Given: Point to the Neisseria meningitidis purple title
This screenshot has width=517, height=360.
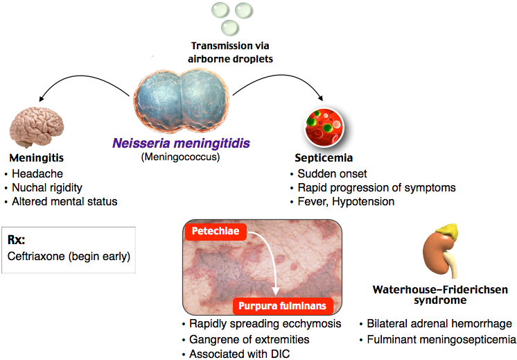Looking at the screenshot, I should pos(182,144).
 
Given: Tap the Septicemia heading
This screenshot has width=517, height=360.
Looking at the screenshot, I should pos(320,157).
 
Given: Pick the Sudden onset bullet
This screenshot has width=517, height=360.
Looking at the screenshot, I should pos(331,173).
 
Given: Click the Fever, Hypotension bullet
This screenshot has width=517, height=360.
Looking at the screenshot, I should pos(345,202).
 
